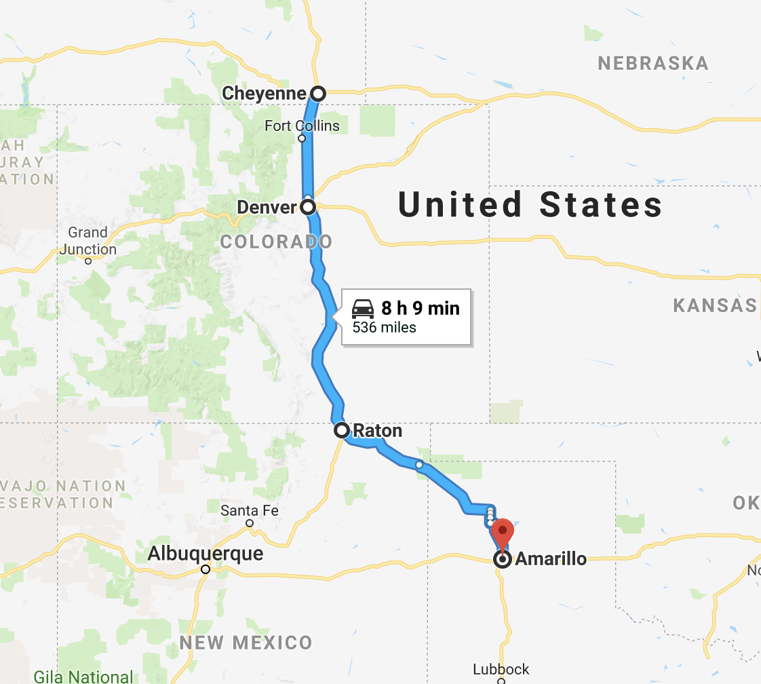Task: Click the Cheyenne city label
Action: coord(264,94)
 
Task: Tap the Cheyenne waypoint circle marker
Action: coord(317,94)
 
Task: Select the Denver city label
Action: coord(267,206)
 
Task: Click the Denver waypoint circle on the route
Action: coord(309,206)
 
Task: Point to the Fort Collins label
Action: coord(302,126)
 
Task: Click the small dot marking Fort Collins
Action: coord(302,138)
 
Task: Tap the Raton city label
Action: coord(377,430)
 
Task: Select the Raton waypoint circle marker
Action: coord(342,430)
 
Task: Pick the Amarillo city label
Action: coord(551,560)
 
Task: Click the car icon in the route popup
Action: coord(363,309)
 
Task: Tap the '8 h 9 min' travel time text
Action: coord(421,309)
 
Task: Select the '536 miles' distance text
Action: coord(384,328)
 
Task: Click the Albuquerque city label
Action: coord(206,554)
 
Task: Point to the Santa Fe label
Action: coord(250,510)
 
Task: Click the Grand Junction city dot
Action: coord(88,261)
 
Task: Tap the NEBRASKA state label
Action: coord(652,64)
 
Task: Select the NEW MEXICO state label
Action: coord(246,643)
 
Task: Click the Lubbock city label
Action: coord(501,669)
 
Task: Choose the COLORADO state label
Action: coord(276,242)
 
